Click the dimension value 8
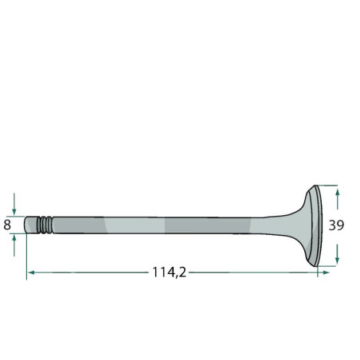click(x=7, y=225)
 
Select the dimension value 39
click(x=336, y=225)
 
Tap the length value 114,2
click(x=169, y=272)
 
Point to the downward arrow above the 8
click(x=14, y=204)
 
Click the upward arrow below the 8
click(x=14, y=246)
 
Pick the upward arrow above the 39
click(x=337, y=199)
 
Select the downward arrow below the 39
click(x=337, y=254)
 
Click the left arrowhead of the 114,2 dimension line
click(x=31, y=272)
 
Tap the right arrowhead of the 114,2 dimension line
click(x=326, y=272)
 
